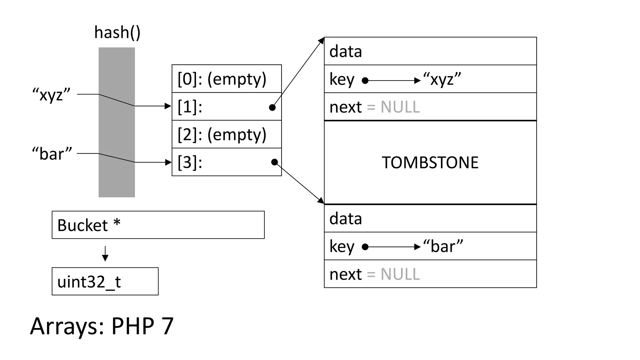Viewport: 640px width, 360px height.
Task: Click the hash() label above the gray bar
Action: click(x=117, y=32)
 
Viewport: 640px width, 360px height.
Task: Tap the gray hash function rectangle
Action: click(x=117, y=122)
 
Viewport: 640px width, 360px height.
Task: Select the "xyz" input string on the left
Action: click(x=52, y=94)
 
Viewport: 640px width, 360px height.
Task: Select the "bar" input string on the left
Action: click(x=52, y=154)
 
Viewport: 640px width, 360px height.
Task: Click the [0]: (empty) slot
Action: click(x=227, y=79)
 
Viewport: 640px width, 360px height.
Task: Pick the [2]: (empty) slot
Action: click(x=227, y=134)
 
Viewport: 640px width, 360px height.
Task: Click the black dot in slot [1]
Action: click(x=272, y=107)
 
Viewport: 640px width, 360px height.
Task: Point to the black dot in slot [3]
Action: click(x=274, y=162)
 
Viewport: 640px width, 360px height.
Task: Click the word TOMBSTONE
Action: click(x=430, y=162)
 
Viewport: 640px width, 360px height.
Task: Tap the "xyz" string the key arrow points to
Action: click(x=442, y=79)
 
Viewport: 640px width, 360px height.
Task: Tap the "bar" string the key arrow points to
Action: click(x=443, y=246)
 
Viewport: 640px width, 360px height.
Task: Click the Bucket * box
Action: click(x=158, y=225)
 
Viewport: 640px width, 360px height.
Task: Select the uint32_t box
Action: click(x=105, y=281)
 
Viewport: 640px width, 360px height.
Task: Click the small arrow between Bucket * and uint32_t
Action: click(x=105, y=253)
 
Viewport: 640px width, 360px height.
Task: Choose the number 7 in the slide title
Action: click(x=167, y=326)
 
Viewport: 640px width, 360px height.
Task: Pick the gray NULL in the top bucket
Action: click(x=400, y=107)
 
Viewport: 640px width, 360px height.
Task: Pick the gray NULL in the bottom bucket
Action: click(x=400, y=274)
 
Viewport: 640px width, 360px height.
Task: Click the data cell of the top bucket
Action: click(x=430, y=51)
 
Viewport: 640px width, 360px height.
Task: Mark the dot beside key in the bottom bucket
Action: click(x=365, y=247)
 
